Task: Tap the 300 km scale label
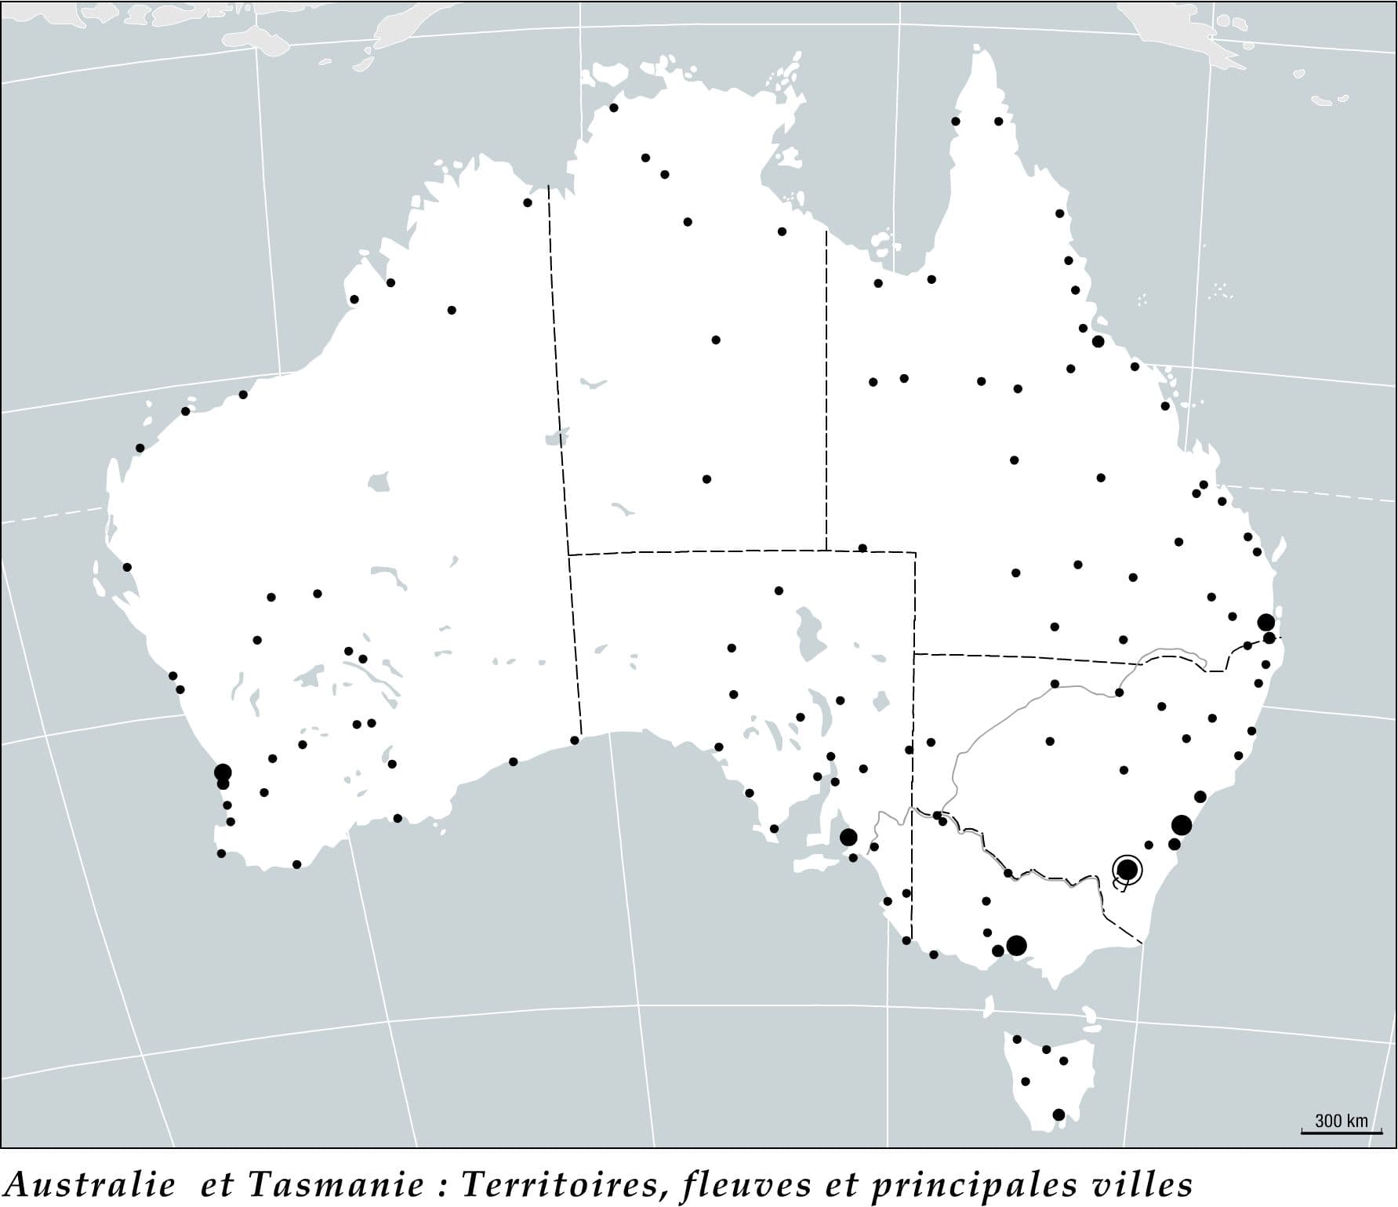[x=1341, y=1121]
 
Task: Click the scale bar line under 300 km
[x=1342, y=1132]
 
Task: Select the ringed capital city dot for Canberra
[x=1127, y=869]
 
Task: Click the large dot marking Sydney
[x=1182, y=824]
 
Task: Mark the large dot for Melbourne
[x=1016, y=945]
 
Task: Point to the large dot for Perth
[x=223, y=772]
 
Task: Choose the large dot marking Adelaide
[x=848, y=837]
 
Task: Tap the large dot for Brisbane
[x=1265, y=622]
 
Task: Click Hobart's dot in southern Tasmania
[x=1058, y=1114]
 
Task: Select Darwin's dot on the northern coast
[x=614, y=107]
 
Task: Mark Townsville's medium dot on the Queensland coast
[x=1098, y=341]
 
